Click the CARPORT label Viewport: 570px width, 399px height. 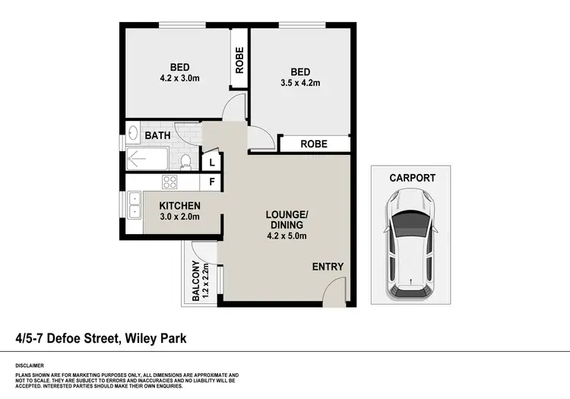pos(412,178)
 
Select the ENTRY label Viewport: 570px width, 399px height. pos(328,267)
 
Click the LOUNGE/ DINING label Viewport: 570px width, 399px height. pos(285,220)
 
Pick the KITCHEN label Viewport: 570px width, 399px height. pos(179,206)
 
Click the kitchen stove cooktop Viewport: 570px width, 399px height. pos(169,182)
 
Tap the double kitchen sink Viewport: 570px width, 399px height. pos(135,205)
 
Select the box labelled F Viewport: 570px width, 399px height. pos(212,182)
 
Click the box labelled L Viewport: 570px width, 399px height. pos(212,162)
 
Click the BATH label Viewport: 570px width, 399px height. pos(158,136)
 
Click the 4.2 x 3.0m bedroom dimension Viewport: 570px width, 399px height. pos(179,78)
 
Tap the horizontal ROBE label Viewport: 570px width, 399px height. pos(313,144)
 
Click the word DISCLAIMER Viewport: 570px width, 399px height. pos(30,365)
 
